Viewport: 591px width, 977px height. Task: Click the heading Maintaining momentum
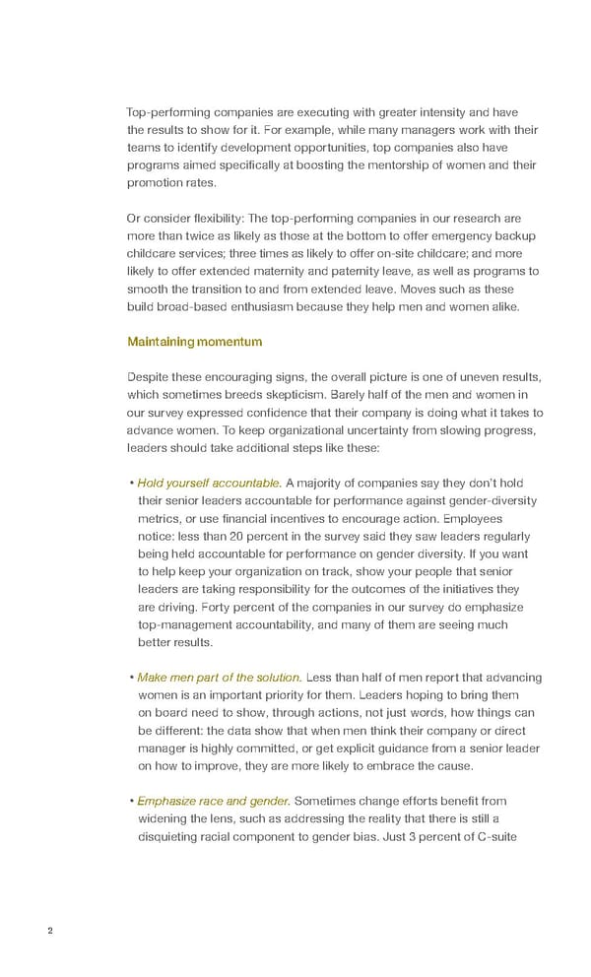[x=195, y=342]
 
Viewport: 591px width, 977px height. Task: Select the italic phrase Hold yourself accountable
[x=209, y=483]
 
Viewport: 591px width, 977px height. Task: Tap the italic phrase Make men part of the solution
[x=220, y=678]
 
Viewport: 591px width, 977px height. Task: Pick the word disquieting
[x=173, y=837]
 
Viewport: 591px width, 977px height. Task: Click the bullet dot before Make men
[x=131, y=678]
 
